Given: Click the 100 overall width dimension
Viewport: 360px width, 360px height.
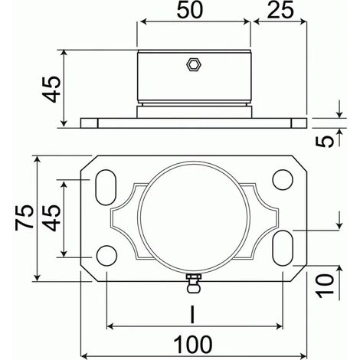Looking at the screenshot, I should (194, 343).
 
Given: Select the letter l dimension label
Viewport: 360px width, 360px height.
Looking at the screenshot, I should (195, 314).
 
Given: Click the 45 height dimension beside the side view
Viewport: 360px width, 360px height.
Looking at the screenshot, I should (51, 90).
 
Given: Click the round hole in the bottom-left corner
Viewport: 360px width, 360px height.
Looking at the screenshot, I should (107, 254).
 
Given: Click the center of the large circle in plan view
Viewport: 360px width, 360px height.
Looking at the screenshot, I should (194, 218).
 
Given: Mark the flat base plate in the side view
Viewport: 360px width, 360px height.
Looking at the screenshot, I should (194, 122).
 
